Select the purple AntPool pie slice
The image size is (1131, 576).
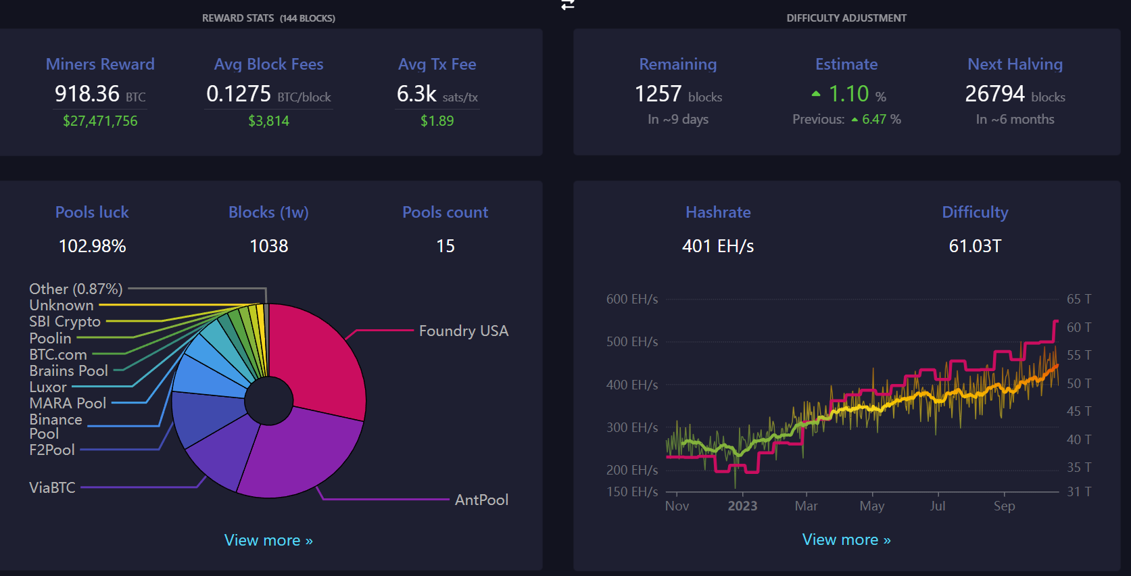[297, 453]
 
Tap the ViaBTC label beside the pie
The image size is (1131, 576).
[52, 487]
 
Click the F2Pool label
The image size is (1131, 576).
[52, 450]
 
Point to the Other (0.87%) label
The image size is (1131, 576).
[76, 289]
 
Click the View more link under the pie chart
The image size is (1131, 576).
[268, 540]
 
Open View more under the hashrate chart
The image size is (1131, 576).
[846, 539]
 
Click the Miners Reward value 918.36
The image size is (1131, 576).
[87, 93]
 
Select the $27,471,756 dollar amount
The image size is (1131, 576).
[100, 121]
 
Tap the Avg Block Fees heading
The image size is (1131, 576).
[268, 64]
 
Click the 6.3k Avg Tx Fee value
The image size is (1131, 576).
[416, 93]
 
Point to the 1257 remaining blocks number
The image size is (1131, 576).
[658, 93]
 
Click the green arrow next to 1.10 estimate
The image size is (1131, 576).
[816, 94]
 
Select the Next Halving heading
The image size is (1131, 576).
[1015, 64]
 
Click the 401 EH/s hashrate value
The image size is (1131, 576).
[718, 246]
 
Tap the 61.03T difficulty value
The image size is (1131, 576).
[975, 246]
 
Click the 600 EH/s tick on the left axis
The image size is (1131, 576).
[631, 299]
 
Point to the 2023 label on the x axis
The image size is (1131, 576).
[742, 506]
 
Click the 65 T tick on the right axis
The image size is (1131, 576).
[1079, 299]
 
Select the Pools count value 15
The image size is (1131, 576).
[446, 246]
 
